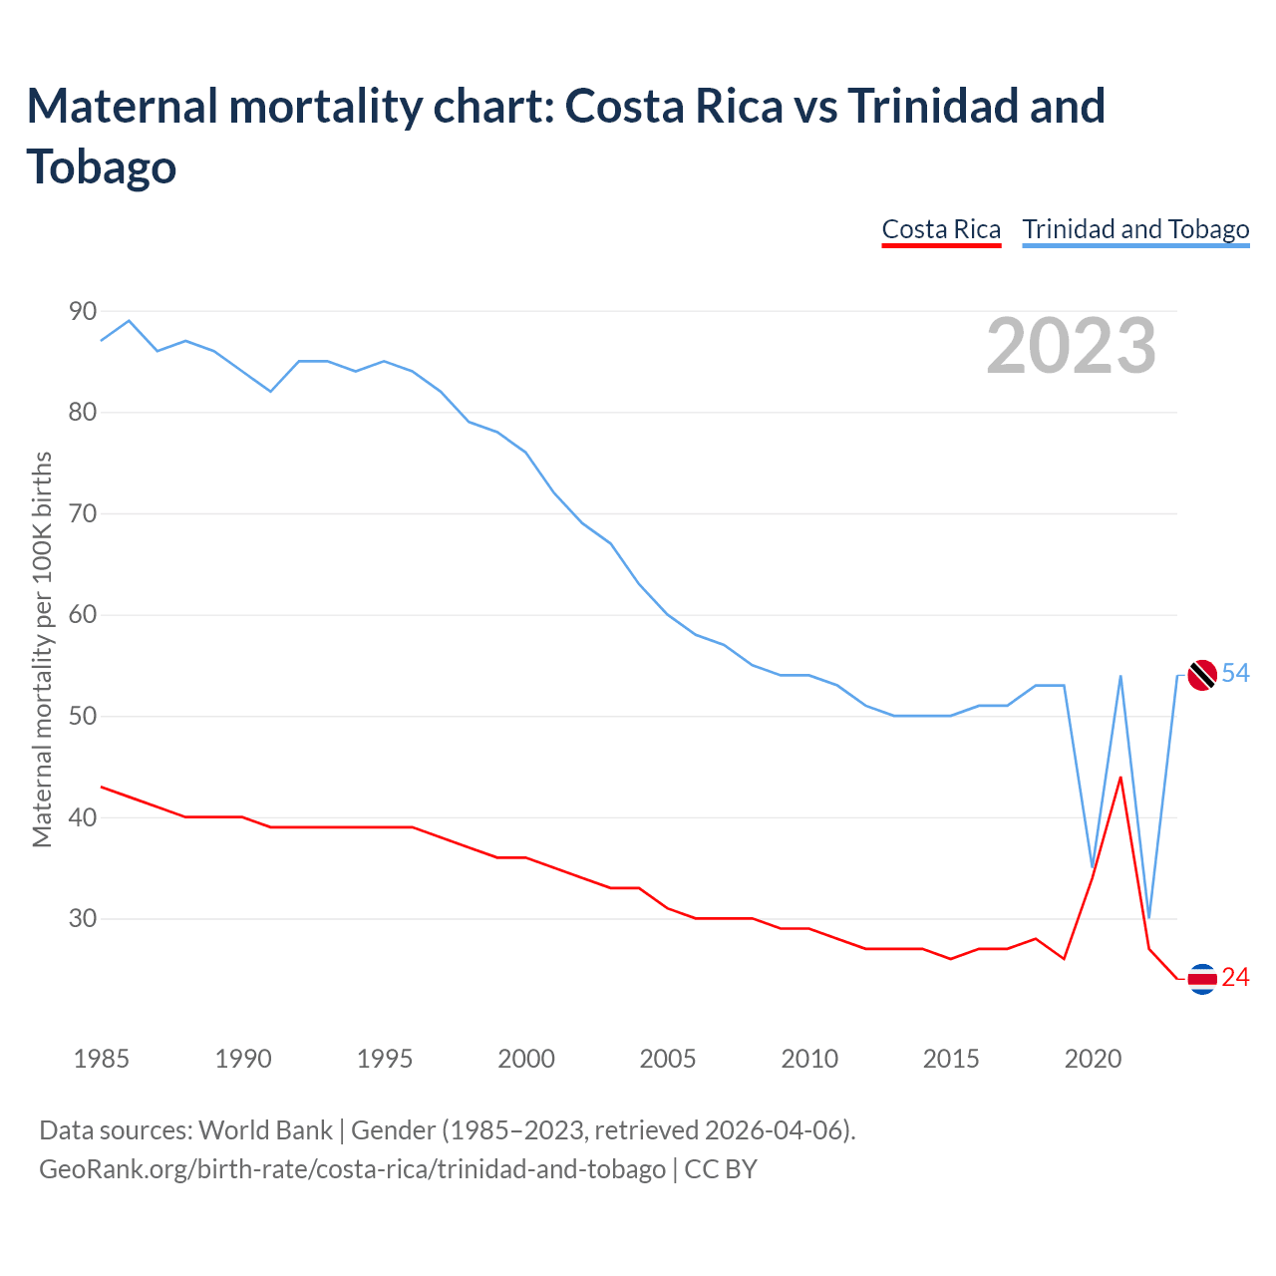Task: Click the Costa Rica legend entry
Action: [x=941, y=230]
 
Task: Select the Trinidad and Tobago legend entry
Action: [x=1135, y=230]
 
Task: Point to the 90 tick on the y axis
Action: [x=83, y=312]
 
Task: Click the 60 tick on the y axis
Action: [x=83, y=615]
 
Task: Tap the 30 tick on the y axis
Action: [x=83, y=918]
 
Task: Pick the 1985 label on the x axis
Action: [x=102, y=1059]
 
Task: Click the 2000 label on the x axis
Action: [x=526, y=1059]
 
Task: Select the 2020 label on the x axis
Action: [x=1093, y=1059]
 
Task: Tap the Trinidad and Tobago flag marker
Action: [x=1202, y=675]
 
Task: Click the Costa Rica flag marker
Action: [x=1202, y=979]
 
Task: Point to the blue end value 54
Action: [x=1236, y=674]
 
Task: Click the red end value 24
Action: [x=1236, y=978]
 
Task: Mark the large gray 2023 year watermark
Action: [x=1072, y=346]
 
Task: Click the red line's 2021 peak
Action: [x=1120, y=778]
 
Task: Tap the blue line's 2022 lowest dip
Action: [x=1148, y=917]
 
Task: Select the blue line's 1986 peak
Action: [x=130, y=321]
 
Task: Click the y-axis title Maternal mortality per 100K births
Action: [x=42, y=650]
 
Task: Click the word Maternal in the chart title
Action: [x=122, y=107]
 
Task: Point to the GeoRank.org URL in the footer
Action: [x=352, y=1168]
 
